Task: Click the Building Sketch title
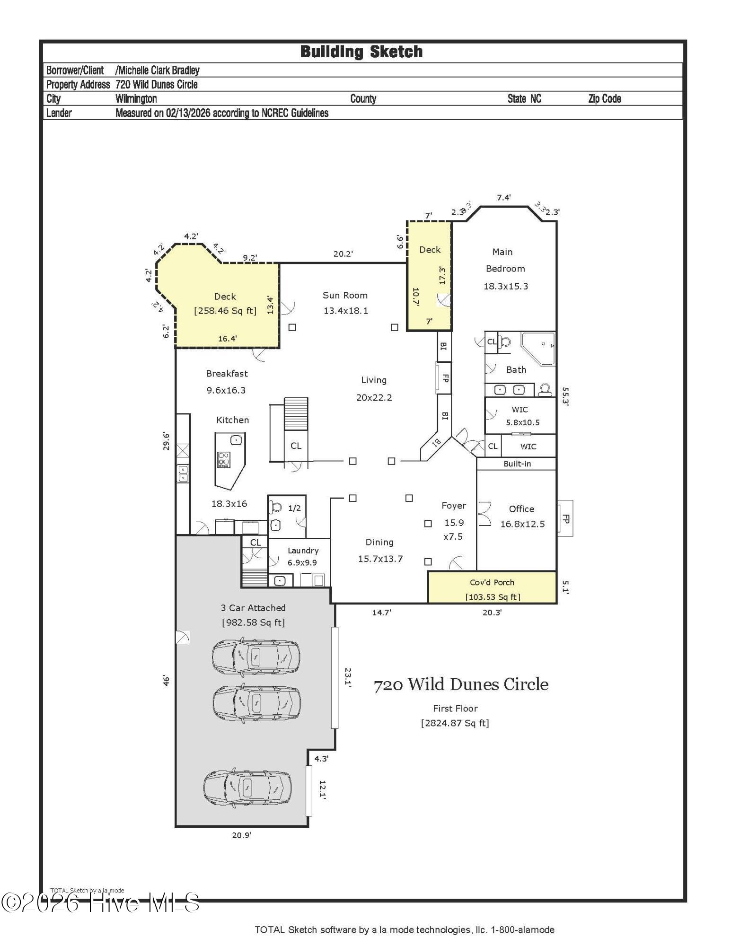pos(361,52)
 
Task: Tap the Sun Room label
pos(345,296)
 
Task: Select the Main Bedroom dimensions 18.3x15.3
pos(505,286)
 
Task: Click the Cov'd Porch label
pos(492,583)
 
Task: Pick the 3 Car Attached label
pos(253,608)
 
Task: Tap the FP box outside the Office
pos(565,518)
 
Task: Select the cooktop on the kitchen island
pos(224,459)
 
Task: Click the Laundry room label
pos(303,551)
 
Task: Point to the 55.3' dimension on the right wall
pos(565,396)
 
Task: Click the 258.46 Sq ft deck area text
pos(225,311)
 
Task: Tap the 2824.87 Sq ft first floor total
pos(455,723)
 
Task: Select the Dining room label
pos(379,543)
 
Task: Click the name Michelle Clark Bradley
pos(158,70)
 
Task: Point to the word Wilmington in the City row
pos(136,99)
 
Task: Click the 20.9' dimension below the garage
pos(241,835)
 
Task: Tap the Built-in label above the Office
pos(517,464)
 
